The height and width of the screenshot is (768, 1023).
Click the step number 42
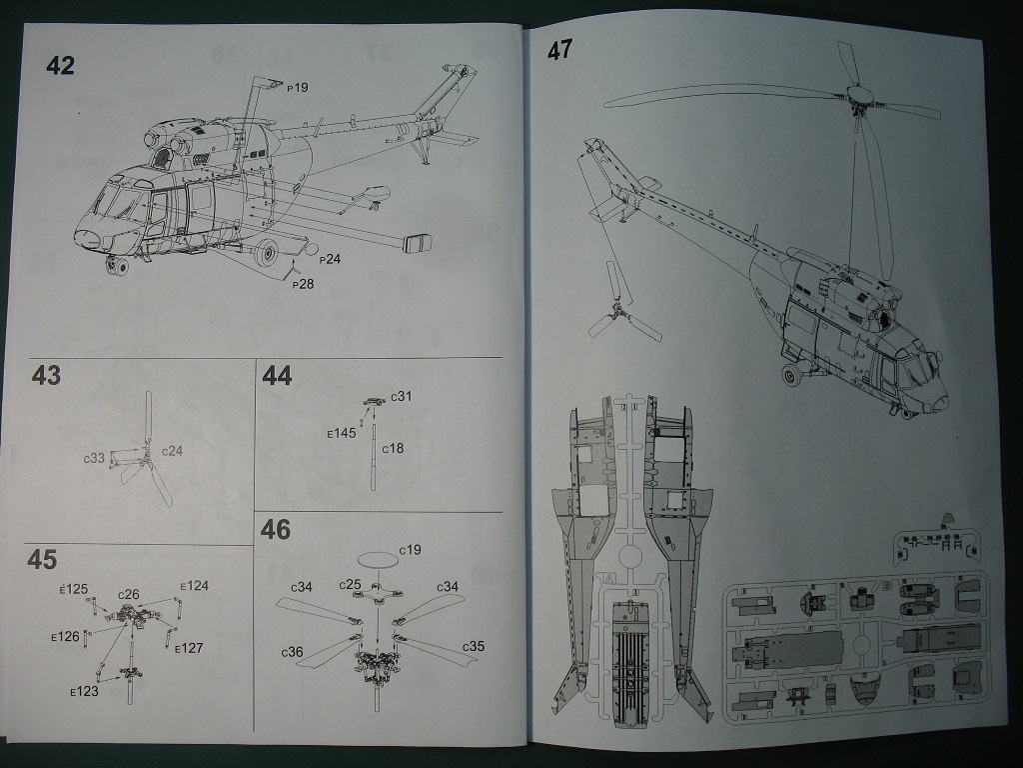click(60, 66)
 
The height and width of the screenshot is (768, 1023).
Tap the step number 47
click(558, 49)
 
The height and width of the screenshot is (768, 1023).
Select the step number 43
click(46, 375)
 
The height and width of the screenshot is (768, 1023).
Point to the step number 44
click(277, 375)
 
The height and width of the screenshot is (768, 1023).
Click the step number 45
click(43, 560)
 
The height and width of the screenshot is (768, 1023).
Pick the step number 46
click(275, 529)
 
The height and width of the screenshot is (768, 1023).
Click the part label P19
click(297, 88)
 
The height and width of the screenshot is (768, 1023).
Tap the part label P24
click(330, 259)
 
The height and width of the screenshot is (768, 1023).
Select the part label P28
click(303, 284)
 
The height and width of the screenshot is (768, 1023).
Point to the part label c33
click(93, 457)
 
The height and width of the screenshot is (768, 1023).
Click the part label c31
click(400, 397)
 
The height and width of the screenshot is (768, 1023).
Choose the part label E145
click(342, 434)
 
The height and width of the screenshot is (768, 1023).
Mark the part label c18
click(393, 448)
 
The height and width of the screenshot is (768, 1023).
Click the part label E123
click(84, 690)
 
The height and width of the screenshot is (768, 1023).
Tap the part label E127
click(189, 648)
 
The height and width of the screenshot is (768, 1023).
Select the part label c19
click(410, 550)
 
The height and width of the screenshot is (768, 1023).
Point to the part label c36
click(291, 651)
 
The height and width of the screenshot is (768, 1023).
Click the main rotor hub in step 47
click(857, 97)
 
